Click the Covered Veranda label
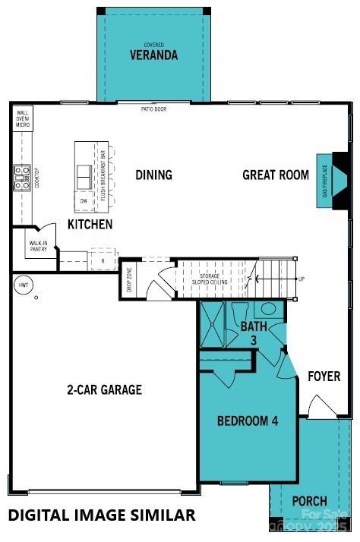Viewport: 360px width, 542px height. [x=153, y=52]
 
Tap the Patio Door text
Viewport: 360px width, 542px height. [x=153, y=109]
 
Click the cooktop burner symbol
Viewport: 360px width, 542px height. [x=21, y=178]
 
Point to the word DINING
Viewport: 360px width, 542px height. [x=153, y=175]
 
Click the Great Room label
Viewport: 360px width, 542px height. [x=276, y=175]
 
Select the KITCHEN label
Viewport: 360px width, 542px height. [x=90, y=224]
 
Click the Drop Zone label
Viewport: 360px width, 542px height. [x=128, y=280]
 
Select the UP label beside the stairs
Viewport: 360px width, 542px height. [x=302, y=279]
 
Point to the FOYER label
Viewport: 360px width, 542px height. [x=324, y=377]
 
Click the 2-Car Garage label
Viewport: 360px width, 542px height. [x=104, y=390]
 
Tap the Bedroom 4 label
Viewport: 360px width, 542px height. [x=242, y=421]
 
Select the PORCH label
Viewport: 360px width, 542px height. [x=310, y=501]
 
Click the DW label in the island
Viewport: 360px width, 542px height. [x=84, y=200]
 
